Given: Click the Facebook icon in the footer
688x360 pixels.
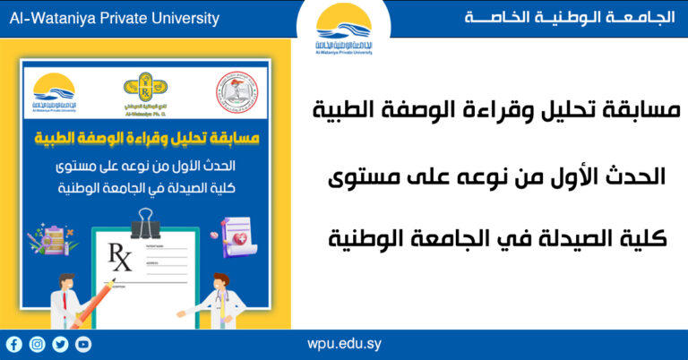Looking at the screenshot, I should pos(13,344).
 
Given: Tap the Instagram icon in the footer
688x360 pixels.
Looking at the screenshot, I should pos(37,344).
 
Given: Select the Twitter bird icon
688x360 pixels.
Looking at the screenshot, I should pos(60,344).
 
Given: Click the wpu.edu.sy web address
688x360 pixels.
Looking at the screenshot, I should pos(344,344).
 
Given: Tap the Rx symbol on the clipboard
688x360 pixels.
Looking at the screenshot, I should pos(119,262).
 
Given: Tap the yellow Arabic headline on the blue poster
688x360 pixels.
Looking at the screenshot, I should pos(146,140).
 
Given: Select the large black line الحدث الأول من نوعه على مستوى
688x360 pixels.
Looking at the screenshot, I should pos(500,176).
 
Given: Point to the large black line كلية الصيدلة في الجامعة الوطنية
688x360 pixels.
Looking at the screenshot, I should pos(500,238).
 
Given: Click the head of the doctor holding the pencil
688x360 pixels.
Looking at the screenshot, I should pos(64,279).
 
